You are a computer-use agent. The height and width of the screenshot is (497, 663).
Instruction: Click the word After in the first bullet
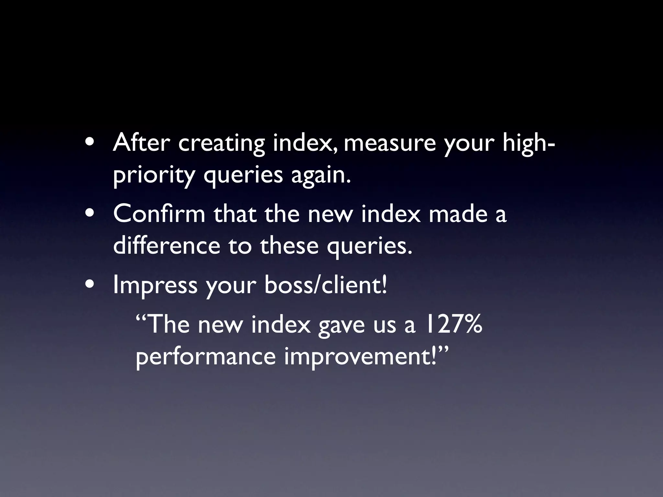tap(141, 143)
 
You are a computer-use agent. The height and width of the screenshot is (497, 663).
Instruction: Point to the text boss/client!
tap(325, 285)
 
